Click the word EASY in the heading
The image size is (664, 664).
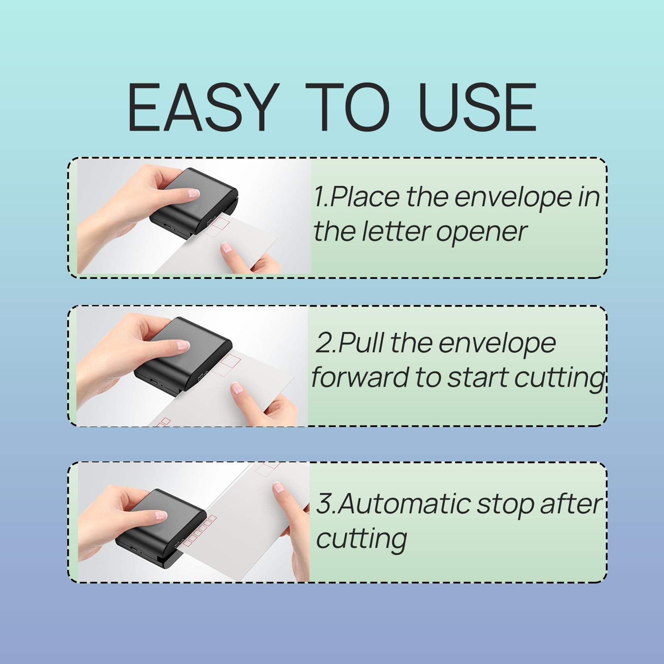(202, 107)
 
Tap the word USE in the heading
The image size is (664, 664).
(478, 107)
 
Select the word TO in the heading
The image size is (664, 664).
(347, 107)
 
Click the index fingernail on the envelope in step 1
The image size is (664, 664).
(226, 248)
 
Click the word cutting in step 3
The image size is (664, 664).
(361, 539)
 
